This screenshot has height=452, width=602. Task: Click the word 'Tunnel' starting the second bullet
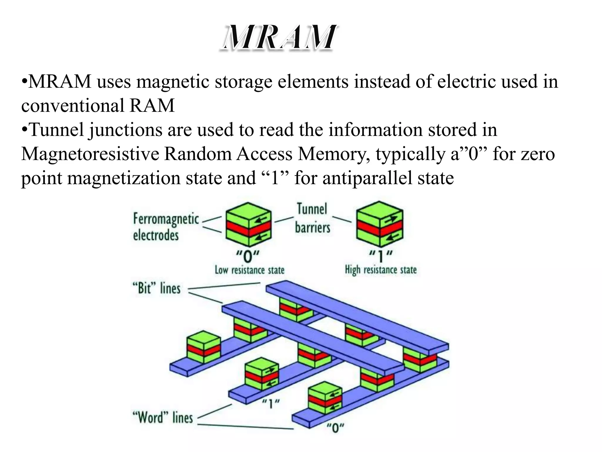[57, 130]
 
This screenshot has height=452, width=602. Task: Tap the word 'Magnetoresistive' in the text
[90, 154]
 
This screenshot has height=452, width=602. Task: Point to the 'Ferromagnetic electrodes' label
[166, 227]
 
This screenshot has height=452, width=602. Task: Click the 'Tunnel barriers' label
[312, 218]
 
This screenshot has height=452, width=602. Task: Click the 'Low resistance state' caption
[250, 270]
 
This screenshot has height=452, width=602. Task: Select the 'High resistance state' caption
[381, 270]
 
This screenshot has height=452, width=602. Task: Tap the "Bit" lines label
[156, 288]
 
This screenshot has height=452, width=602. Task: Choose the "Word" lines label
[163, 418]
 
